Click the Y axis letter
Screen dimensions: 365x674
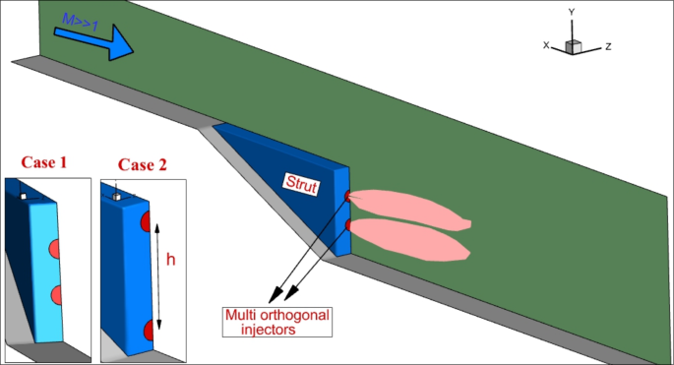pyautogui.click(x=572, y=12)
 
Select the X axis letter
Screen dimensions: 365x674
pyautogui.click(x=546, y=45)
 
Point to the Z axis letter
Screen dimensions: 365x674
pyautogui.click(x=609, y=46)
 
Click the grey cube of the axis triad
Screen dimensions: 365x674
pyautogui.click(x=574, y=45)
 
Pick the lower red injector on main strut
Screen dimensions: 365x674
pyautogui.click(x=347, y=226)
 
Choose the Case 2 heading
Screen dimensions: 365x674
pyautogui.click(x=141, y=164)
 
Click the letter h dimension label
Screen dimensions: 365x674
pyautogui.click(x=171, y=260)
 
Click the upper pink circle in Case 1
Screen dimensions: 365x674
pyautogui.click(x=57, y=246)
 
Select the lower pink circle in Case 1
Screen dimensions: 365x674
pyautogui.click(x=57, y=293)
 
